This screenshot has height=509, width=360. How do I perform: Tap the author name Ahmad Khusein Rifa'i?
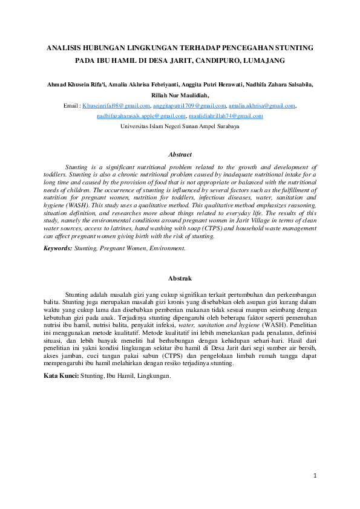pos(76,85)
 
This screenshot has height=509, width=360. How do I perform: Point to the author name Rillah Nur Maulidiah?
pos(180,96)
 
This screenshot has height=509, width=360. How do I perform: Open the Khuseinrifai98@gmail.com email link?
pos(116,106)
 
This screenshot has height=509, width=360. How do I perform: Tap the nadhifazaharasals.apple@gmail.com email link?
pos(141,115)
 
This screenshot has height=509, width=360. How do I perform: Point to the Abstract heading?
pos(180,155)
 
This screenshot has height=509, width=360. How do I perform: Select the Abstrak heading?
pos(180,279)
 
